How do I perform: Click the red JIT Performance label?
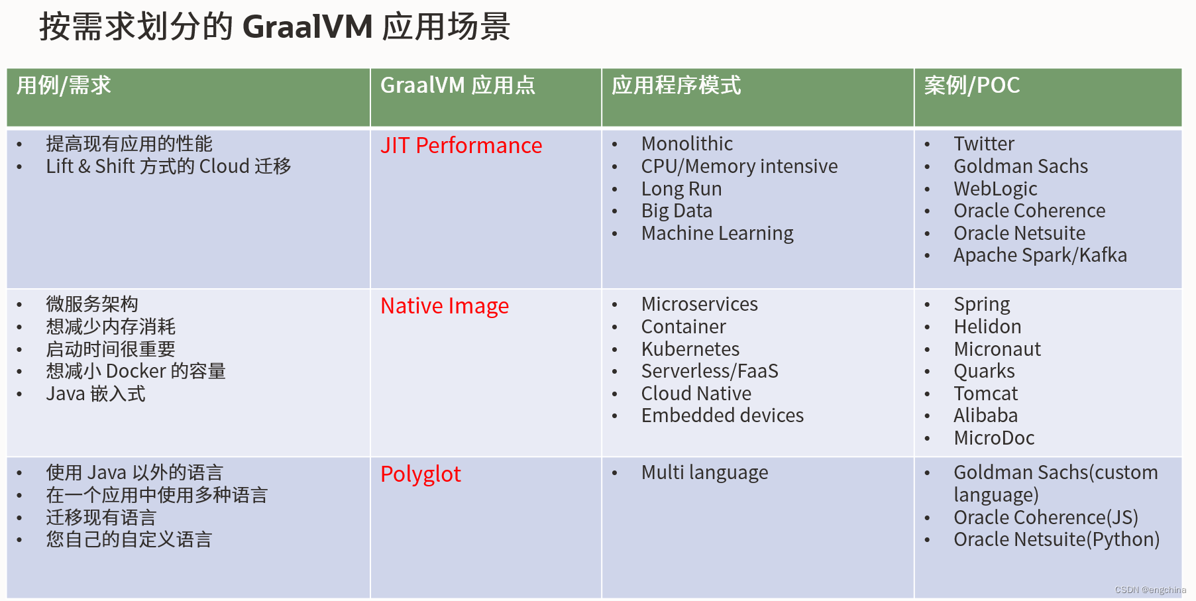461,145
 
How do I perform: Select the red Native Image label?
445,305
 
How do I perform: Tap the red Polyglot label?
420,474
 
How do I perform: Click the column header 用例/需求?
64,85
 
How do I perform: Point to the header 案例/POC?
971,85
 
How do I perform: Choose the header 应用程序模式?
676,85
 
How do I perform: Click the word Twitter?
983,144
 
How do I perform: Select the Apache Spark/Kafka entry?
1040,255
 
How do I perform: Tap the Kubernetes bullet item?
690,349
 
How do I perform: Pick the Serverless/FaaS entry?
709,371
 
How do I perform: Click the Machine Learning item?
717,233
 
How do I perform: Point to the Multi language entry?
704,472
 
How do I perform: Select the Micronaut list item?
997,349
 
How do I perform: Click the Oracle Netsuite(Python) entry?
1056,539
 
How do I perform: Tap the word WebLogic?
995,189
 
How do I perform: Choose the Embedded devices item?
722,415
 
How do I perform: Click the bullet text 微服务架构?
92,304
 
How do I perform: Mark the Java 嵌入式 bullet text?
95,394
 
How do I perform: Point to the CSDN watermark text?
1150,590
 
